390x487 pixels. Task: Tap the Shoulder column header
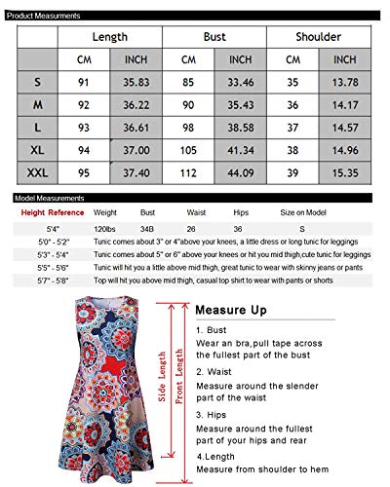point(318,36)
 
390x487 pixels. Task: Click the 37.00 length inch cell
point(136,152)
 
